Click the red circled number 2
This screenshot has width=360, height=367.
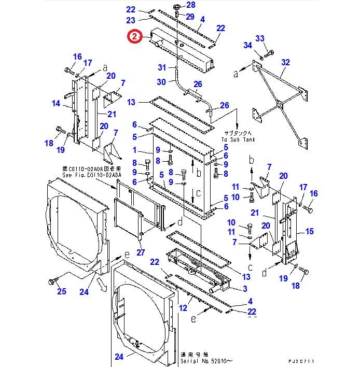tap(134, 36)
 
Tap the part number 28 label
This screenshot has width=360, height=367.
tap(191, 5)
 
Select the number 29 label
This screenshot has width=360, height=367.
tap(190, 17)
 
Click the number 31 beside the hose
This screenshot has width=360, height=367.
tap(162, 68)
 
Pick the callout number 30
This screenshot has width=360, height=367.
tap(162, 82)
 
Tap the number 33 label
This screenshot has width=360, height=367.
tap(260, 38)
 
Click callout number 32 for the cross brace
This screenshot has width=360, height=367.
tap(285, 62)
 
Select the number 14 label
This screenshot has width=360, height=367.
tap(56, 103)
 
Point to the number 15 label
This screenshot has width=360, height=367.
tap(310, 231)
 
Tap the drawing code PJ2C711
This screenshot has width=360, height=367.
tap(301, 360)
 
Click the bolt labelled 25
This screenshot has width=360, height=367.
tap(52, 281)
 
